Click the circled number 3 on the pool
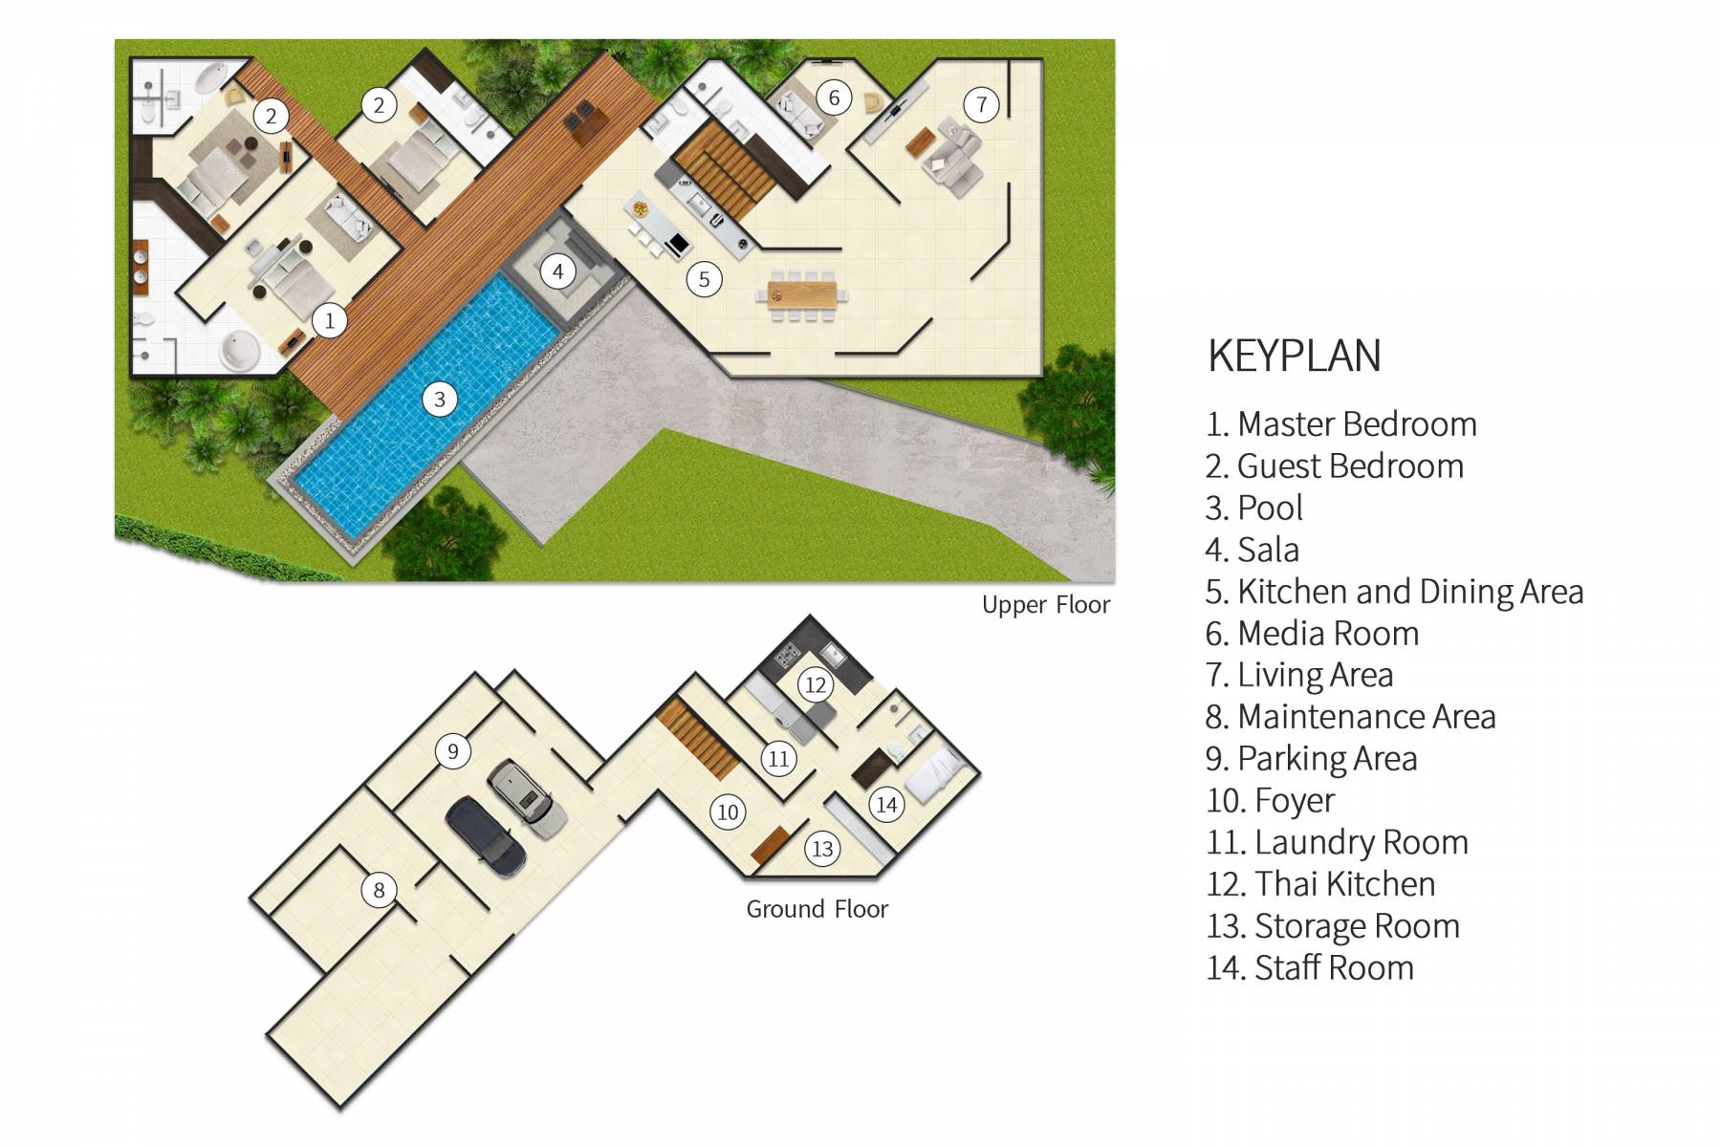440,399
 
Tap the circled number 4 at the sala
558,271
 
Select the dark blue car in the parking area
486,833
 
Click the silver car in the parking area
527,799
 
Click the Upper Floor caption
1045,605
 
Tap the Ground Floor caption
817,909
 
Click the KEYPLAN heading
1294,356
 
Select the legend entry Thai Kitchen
1320,884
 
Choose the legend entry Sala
1252,550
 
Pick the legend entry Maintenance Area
1350,717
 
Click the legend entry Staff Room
1309,968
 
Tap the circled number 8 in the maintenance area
379,890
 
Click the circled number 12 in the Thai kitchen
815,684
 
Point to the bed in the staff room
935,774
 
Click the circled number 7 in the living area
981,104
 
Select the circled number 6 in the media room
834,97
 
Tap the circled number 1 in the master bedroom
330,320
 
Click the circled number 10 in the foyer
728,812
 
